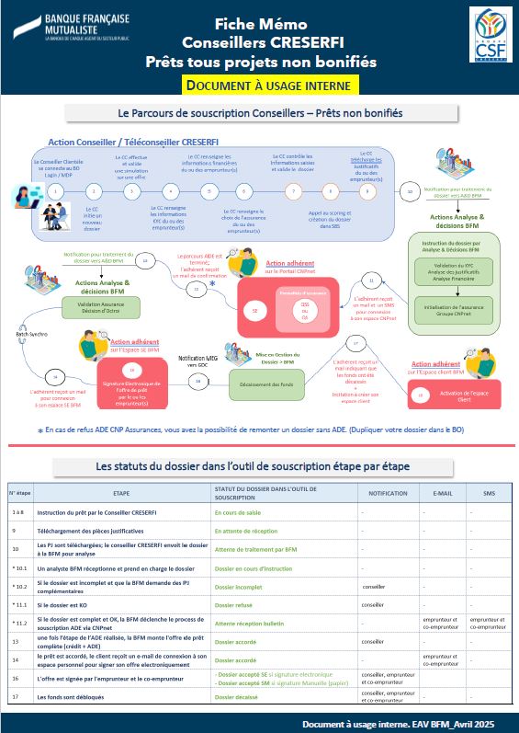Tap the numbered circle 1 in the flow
pyautogui.click(x=57, y=191)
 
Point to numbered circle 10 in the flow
pyautogui.click(x=410, y=191)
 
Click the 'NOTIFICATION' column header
pyautogui.click(x=387, y=493)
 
